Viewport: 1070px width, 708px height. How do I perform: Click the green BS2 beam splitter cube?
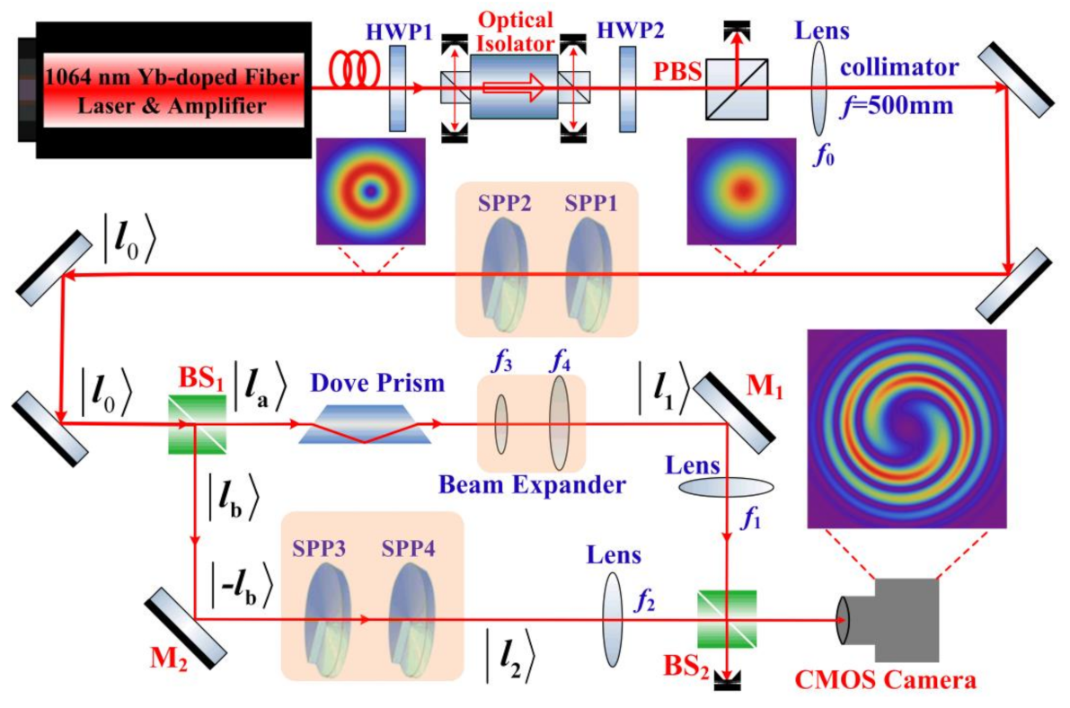click(x=726, y=619)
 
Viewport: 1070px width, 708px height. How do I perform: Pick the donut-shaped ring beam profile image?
click(x=369, y=191)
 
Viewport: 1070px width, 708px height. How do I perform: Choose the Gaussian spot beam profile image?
click(x=741, y=191)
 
